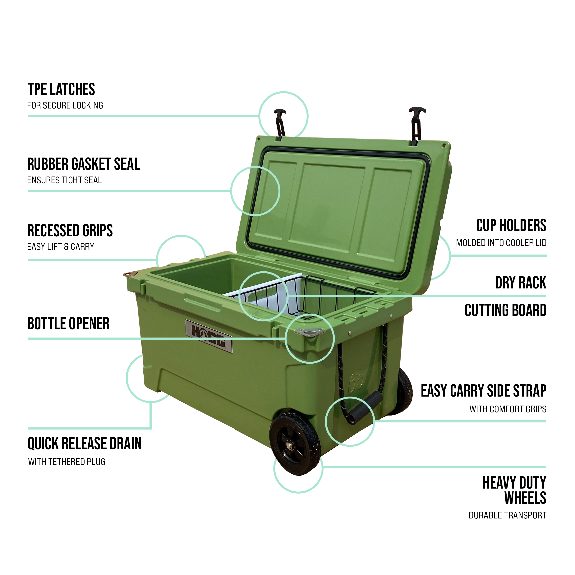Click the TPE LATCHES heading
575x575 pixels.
pyautogui.click(x=61, y=89)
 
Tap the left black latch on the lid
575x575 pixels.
pyautogui.click(x=280, y=124)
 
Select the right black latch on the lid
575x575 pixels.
pyautogui.click(x=416, y=126)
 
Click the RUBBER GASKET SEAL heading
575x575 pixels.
pyautogui.click(x=83, y=164)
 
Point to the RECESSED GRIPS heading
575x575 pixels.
pyautogui.click(x=70, y=230)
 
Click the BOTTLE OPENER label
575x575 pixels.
pyautogui.click(x=68, y=324)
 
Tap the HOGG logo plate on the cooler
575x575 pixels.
pyautogui.click(x=209, y=336)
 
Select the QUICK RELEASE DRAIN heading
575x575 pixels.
pyautogui.click(x=85, y=444)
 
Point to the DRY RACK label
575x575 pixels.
pyautogui.click(x=521, y=283)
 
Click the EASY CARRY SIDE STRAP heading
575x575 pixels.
pyautogui.click(x=483, y=391)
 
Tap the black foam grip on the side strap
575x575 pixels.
pyautogui.click(x=365, y=408)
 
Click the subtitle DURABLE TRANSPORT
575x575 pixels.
pyautogui.click(x=508, y=515)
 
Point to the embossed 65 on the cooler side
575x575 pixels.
pyautogui.click(x=357, y=380)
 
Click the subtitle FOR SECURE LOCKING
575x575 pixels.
pyautogui.click(x=65, y=105)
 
